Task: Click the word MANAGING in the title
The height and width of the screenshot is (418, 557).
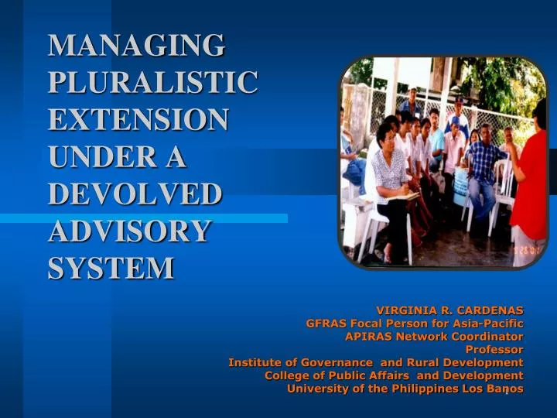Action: pyautogui.click(x=136, y=45)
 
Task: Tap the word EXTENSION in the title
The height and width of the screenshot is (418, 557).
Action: pyautogui.click(x=138, y=119)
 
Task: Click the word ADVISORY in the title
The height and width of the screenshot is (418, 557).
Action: pyautogui.click(x=129, y=231)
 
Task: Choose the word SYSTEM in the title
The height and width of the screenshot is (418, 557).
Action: pyautogui.click(x=111, y=268)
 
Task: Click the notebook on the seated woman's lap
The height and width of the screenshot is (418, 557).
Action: pyautogui.click(x=402, y=197)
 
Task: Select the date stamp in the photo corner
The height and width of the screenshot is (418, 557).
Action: pyautogui.click(x=529, y=252)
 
